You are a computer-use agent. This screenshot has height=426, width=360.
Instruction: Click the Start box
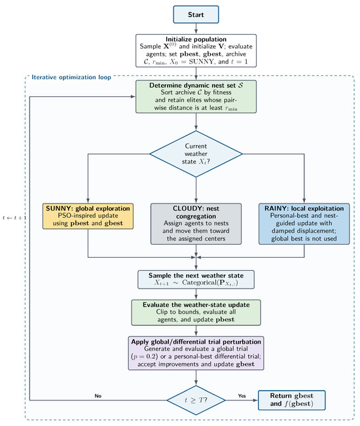(196, 14)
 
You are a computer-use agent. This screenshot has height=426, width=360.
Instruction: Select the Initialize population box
(196, 50)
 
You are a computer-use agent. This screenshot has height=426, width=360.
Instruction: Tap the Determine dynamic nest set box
(196, 96)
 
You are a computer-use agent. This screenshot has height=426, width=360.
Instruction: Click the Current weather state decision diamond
(196, 154)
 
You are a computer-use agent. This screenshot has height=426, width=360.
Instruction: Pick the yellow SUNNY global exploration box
(88, 216)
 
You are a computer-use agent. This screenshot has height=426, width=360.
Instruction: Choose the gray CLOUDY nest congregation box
(196, 224)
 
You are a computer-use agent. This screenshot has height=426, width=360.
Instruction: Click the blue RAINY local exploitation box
(304, 224)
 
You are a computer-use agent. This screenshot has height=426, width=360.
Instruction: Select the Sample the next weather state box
(196, 279)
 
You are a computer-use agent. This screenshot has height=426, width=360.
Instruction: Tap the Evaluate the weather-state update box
(196, 312)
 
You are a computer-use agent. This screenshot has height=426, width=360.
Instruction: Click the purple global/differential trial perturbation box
(196, 353)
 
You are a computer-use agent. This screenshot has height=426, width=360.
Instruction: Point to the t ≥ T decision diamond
(196, 400)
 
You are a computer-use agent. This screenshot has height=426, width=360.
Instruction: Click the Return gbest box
(291, 400)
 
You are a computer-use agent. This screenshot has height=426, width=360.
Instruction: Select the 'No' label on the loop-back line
(98, 396)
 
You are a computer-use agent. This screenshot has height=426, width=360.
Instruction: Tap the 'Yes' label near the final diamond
(242, 396)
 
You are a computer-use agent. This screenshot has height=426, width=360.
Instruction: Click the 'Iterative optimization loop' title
(71, 77)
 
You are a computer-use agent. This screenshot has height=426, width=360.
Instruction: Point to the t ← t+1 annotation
(14, 218)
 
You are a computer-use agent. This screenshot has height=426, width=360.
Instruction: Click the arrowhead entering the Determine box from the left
(133, 96)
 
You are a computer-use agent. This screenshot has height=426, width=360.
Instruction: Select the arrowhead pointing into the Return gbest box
(255, 400)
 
